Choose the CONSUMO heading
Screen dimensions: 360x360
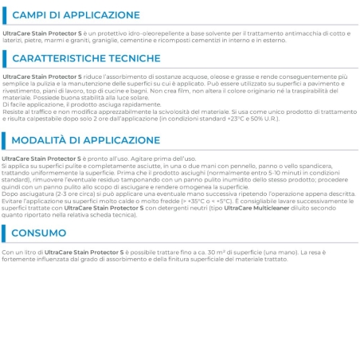coord(45,233)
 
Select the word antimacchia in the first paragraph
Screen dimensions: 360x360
coord(274,31)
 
